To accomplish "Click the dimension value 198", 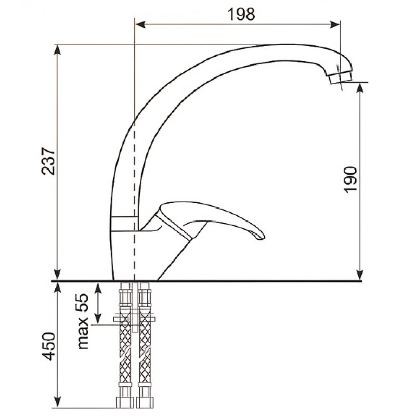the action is [241, 15].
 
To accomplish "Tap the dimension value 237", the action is [48, 161].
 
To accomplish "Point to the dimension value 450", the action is [49, 346].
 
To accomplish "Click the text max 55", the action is [83, 321].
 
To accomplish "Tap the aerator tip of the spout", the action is [340, 77].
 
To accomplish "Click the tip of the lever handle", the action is [262, 237].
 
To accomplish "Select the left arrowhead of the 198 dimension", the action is [140, 24].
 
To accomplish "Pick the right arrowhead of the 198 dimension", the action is [335, 24].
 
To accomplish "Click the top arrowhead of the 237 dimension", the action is [57, 49].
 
